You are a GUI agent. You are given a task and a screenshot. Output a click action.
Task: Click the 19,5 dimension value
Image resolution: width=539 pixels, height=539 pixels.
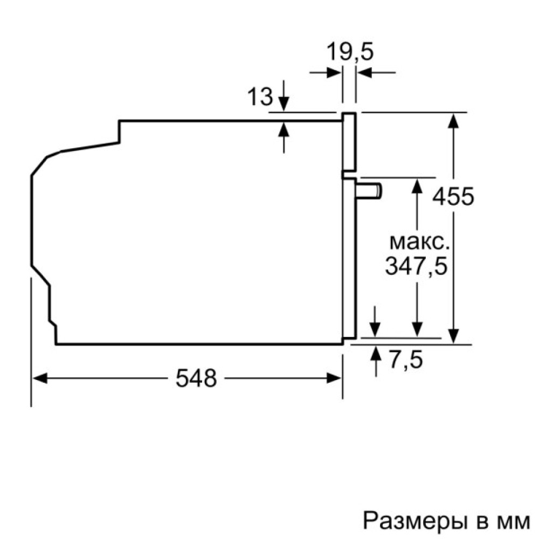(350, 53)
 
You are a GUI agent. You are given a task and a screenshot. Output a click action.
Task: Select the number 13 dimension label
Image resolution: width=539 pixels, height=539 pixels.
(260, 97)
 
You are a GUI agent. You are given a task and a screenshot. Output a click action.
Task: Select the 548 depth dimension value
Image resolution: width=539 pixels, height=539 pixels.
(196, 379)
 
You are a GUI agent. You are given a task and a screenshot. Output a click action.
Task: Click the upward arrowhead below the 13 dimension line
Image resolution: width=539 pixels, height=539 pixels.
(284, 129)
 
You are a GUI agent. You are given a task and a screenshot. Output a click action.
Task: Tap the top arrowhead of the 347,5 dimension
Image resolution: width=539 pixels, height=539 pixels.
(417, 184)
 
